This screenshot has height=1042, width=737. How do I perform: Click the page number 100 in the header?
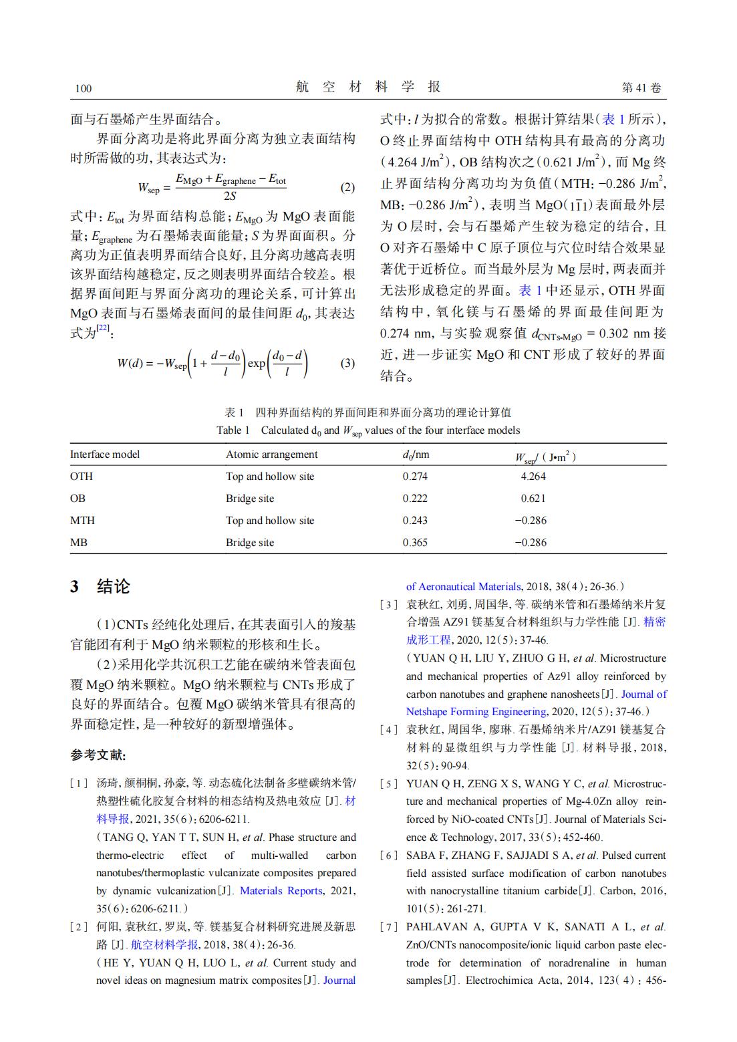pyautogui.click(x=84, y=88)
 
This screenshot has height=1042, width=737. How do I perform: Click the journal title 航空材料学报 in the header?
pyautogui.click(x=367, y=87)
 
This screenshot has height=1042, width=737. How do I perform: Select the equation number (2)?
pyautogui.click(x=347, y=187)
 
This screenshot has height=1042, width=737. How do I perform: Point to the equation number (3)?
pyautogui.click(x=347, y=364)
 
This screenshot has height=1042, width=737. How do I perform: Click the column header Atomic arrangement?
pyautogui.click(x=271, y=454)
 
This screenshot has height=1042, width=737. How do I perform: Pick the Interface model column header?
pyautogui.click(x=105, y=454)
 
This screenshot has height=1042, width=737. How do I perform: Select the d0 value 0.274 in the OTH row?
pyautogui.click(x=415, y=477)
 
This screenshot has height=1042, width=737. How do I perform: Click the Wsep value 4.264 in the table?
pyautogui.click(x=533, y=477)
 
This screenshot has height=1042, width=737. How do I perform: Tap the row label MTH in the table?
pyautogui.click(x=82, y=520)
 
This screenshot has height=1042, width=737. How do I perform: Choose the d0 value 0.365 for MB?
pyautogui.click(x=415, y=542)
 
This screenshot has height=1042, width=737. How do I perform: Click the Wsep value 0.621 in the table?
pyautogui.click(x=533, y=499)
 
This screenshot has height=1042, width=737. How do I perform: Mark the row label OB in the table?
pyautogui.click(x=78, y=499)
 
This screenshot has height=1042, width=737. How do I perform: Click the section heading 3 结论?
pyautogui.click(x=100, y=587)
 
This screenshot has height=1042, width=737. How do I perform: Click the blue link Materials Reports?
pyautogui.click(x=281, y=891)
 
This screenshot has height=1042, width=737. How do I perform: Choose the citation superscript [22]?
pyautogui.click(x=103, y=327)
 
